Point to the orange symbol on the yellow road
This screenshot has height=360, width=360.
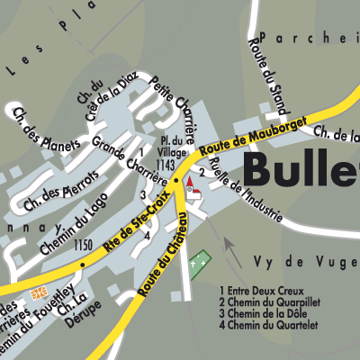click(x=39, y=292)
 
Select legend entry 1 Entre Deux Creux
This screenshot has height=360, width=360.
click(x=265, y=291)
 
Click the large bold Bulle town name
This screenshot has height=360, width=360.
click(x=301, y=168)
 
